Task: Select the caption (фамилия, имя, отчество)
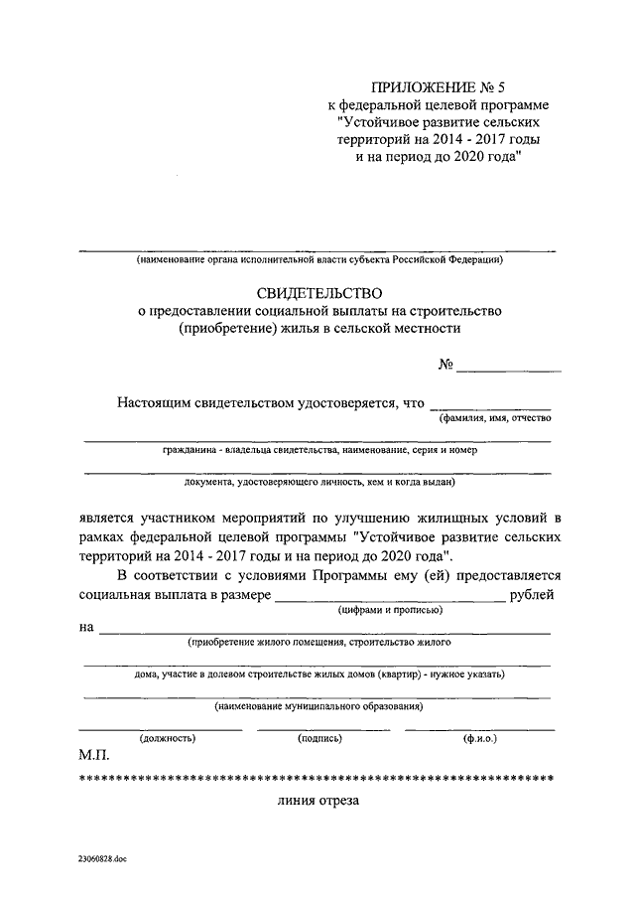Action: pyautogui.click(x=494, y=420)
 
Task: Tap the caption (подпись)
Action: pyautogui.click(x=320, y=739)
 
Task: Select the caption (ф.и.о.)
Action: pyautogui.click(x=479, y=739)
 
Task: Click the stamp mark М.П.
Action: pyautogui.click(x=95, y=755)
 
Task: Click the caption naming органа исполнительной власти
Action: pyautogui.click(x=320, y=260)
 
